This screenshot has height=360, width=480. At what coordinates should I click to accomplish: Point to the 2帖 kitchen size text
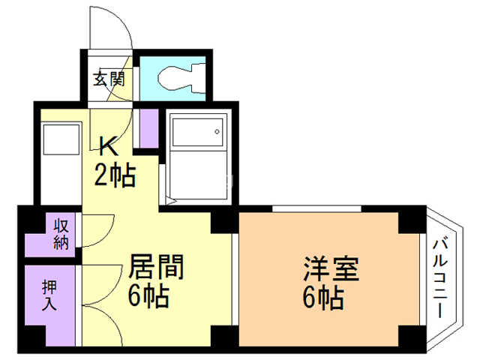click(x=114, y=176)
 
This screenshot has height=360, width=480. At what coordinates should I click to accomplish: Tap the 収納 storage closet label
click(x=61, y=235)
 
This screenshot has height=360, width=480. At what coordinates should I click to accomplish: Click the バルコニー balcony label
click(x=441, y=277)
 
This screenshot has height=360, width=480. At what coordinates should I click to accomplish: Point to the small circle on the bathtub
click(x=217, y=132)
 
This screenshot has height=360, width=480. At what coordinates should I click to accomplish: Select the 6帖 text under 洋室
click(x=324, y=299)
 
